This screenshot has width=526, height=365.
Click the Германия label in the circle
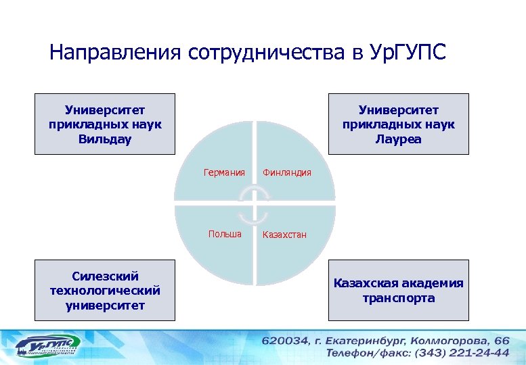224,172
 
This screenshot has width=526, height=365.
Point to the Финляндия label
287,172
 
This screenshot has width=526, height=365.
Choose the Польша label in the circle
225,234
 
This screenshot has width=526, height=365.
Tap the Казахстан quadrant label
285,235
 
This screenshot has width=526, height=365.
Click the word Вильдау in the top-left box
105,139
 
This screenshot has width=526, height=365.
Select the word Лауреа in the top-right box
398,139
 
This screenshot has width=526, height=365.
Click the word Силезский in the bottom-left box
105,276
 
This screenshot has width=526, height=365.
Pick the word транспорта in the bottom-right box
398,297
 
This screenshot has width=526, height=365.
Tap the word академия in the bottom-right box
431,283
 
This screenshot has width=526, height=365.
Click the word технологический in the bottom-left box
105,291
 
